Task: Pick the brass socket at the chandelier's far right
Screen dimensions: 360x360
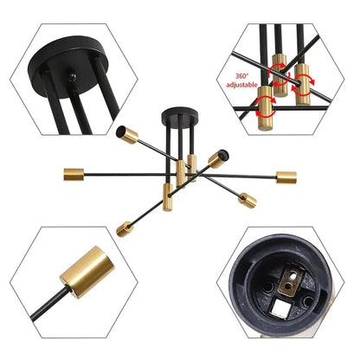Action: (x=286, y=177)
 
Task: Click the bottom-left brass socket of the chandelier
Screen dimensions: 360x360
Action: (x=125, y=228)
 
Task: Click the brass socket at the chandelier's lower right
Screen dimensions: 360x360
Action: (x=248, y=201)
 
